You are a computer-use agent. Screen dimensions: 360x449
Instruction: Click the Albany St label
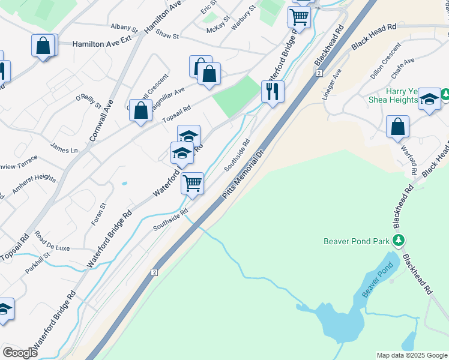click(x=124, y=28)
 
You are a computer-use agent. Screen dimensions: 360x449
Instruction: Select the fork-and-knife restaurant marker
click(x=273, y=91)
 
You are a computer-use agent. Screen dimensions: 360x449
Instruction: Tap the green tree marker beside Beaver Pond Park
click(x=398, y=241)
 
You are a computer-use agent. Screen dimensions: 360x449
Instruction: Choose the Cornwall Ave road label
click(x=101, y=119)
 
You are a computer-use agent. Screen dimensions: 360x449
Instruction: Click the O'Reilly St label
click(x=89, y=101)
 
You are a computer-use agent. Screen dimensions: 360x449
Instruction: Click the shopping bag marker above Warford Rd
click(x=397, y=127)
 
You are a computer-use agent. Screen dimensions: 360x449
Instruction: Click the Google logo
click(x=20, y=352)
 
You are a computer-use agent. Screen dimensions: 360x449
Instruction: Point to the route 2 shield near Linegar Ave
click(x=319, y=73)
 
